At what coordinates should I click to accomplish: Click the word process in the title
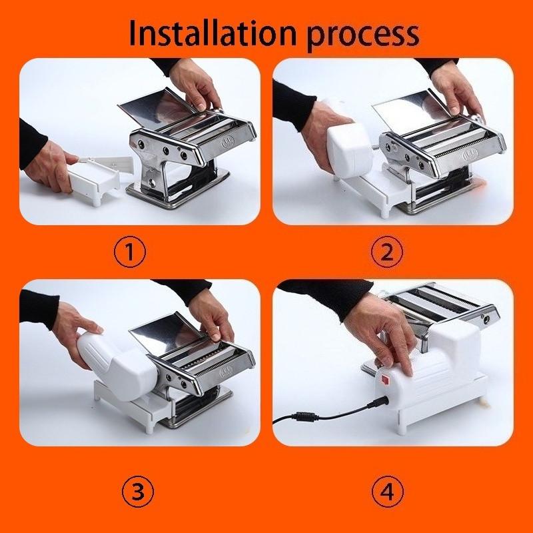coord(362,37)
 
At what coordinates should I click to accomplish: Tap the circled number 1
coord(129,252)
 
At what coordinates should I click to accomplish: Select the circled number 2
coord(387,252)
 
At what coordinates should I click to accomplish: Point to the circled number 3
coord(138,492)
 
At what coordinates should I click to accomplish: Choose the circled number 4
coord(388,492)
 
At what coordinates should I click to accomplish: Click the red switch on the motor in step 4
coord(385,380)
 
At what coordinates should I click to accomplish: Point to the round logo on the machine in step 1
coord(228,141)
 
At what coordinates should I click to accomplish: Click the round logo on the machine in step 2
coord(470,155)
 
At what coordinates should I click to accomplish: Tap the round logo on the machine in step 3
coord(226,372)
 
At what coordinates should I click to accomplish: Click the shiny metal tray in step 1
coord(157,105)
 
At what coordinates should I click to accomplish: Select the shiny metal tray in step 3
coord(167,332)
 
